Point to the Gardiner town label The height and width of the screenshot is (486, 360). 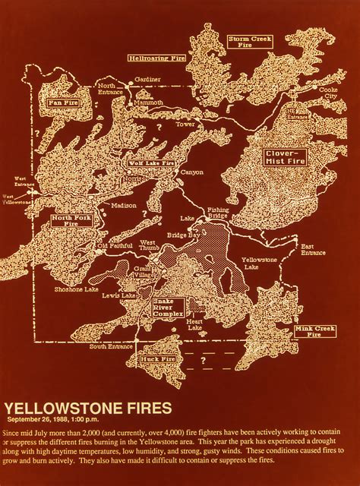pos(149,79)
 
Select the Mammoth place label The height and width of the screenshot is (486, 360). pos(144,102)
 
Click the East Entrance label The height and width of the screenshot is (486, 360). pos(312,250)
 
